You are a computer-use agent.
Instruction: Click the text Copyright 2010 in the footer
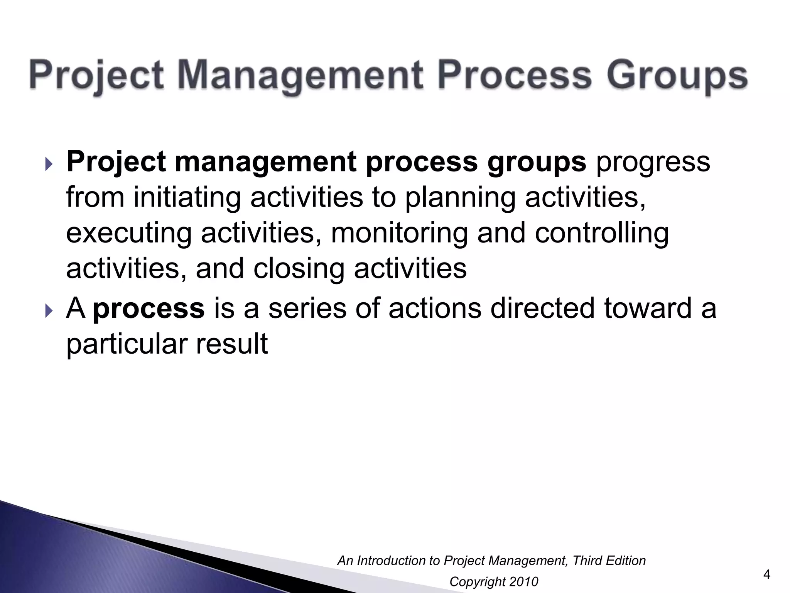(493, 581)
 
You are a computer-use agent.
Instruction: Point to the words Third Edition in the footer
(609, 561)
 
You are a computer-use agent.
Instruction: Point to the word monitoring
(399, 234)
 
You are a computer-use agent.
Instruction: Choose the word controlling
(602, 234)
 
